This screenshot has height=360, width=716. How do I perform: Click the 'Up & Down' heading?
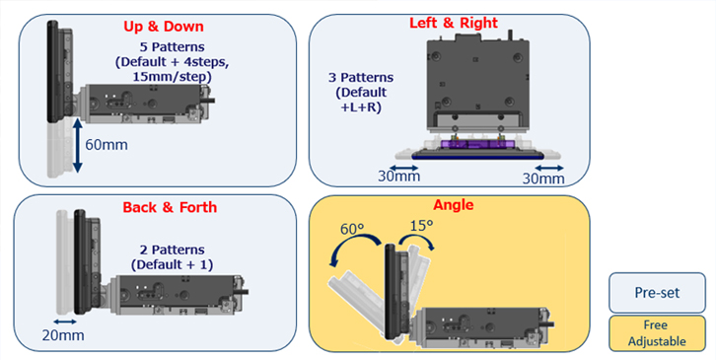(164, 27)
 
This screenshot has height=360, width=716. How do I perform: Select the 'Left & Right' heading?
(454, 23)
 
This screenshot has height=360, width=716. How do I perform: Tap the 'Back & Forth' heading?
(170, 207)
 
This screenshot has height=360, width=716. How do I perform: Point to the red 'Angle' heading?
(454, 205)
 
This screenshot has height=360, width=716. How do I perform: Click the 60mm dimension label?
(107, 145)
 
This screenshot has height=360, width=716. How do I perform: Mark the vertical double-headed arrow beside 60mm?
(77, 145)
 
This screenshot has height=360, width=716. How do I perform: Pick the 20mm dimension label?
(63, 335)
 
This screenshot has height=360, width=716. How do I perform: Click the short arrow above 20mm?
(65, 323)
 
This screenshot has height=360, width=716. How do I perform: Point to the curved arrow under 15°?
(416, 241)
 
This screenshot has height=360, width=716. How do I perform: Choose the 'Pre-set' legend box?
(657, 292)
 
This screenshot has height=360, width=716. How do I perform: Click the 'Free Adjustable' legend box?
(657, 333)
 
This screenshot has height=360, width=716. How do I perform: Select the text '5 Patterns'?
(173, 47)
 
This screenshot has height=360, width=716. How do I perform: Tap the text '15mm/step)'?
(173, 77)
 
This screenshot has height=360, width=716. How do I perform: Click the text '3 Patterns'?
(361, 78)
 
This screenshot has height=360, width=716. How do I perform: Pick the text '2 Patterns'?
(173, 251)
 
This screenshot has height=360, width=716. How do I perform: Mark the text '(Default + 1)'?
(173, 265)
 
